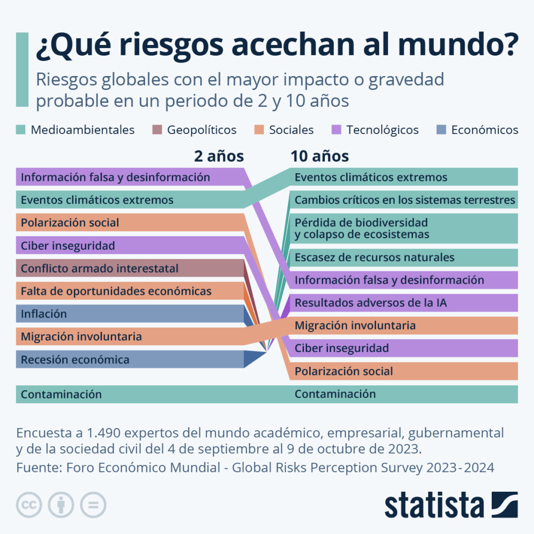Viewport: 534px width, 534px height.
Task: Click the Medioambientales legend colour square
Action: [20, 130]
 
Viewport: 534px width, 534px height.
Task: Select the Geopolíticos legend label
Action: [201, 130]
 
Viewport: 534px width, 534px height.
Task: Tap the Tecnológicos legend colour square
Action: [336, 130]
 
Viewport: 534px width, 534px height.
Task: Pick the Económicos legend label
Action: [484, 130]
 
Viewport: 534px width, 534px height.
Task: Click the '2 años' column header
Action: [219, 156]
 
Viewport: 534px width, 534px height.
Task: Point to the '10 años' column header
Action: [319, 156]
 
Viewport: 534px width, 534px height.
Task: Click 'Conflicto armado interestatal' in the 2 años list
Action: [100, 269]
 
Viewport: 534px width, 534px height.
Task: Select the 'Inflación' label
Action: [44, 314]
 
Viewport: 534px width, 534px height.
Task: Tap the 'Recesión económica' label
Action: [75, 359]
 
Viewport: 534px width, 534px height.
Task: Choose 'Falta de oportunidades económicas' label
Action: [116, 291]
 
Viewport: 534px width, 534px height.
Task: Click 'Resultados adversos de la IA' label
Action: [370, 302]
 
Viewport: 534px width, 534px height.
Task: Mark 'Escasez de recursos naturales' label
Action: [374, 257]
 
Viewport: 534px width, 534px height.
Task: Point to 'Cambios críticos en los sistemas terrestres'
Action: [405, 200]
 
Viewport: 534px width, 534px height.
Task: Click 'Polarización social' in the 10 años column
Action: [344, 371]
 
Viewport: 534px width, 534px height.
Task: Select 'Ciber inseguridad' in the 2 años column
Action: [68, 245]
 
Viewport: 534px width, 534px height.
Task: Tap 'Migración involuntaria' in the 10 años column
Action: [355, 325]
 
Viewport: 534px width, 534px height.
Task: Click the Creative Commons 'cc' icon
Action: [29, 505]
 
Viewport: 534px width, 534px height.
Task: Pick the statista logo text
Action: [434, 506]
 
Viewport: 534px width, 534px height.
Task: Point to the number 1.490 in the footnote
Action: [107, 433]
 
